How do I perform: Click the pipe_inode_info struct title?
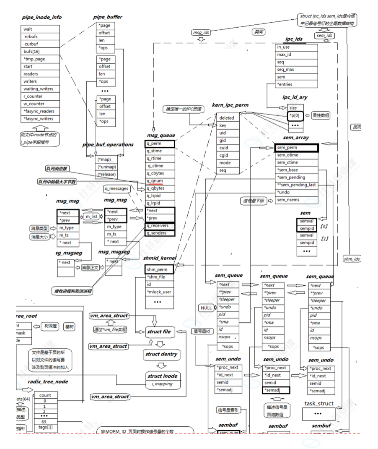pos(41,17)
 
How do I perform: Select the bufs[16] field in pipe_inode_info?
pos(32,52)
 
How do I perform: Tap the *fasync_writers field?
pos(39,119)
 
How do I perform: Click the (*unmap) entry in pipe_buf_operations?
pos(104,167)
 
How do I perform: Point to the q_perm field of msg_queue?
pos(154,144)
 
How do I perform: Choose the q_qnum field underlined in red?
pos(155,181)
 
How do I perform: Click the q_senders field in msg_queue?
pos(156,233)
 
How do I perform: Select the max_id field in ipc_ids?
pos(284,55)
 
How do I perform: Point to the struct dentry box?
pos(161,354)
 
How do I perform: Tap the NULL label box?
pos(206,308)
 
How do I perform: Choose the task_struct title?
pos(319,404)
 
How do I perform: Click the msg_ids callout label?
pos(201,32)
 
